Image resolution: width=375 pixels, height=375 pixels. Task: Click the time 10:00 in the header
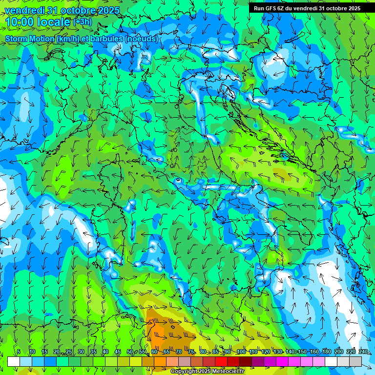(20, 22)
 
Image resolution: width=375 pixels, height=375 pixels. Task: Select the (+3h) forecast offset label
(82, 22)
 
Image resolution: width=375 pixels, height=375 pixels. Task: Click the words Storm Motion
(30, 39)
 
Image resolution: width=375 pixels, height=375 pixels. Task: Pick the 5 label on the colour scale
(19, 352)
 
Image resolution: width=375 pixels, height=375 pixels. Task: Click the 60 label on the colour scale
(154, 352)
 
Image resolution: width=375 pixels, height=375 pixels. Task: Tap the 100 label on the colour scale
(241, 352)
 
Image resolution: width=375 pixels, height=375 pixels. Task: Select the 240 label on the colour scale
(363, 352)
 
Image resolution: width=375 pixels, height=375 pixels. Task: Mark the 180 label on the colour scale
(326, 352)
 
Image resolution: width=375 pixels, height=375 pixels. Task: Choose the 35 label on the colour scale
(93, 352)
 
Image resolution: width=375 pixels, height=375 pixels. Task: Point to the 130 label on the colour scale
(277, 352)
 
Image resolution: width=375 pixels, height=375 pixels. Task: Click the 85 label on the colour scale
(215, 352)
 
